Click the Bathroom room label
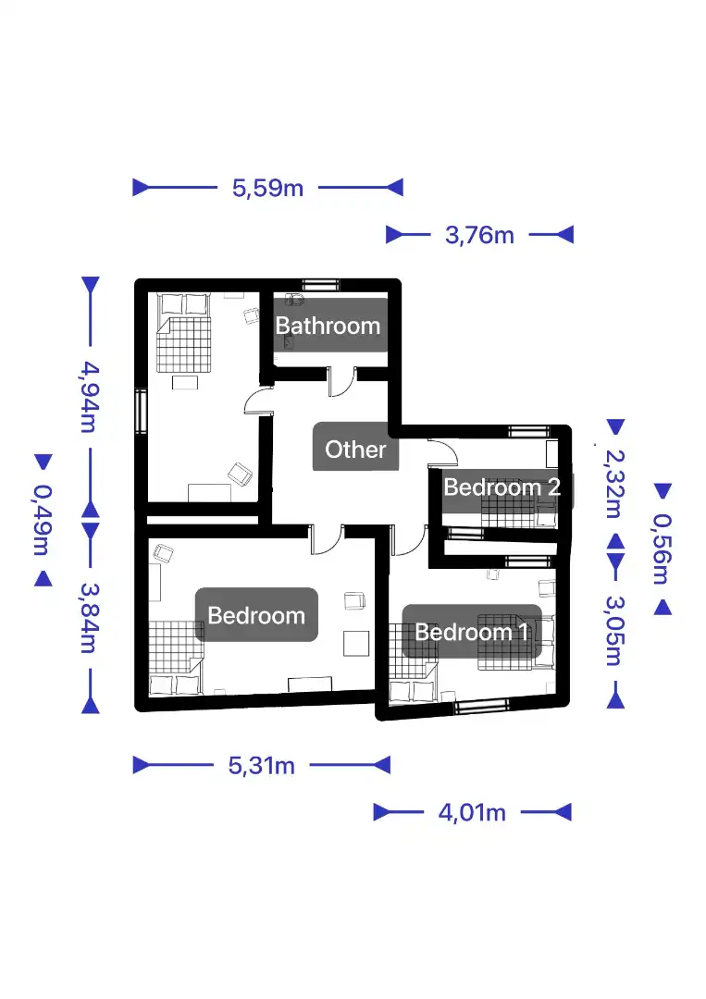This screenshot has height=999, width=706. coord(328,326)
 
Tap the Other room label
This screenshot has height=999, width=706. coord(355,450)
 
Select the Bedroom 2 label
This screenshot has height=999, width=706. coord(502,487)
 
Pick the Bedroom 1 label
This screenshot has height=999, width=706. coord(472,632)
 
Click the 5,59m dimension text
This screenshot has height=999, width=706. coord(267,188)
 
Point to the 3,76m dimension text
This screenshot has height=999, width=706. coord(480,235)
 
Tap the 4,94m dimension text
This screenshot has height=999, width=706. coord(90,397)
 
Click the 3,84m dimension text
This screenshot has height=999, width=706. coord(90,618)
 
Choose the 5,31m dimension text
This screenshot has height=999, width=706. coord(261,765)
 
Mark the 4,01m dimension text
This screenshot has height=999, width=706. coord(472,812)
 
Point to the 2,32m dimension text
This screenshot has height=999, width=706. coord(615,484)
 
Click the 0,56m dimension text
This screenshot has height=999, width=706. coord(662,549)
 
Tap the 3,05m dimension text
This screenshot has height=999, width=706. coord(615,630)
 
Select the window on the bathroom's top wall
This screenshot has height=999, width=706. coord(320,284)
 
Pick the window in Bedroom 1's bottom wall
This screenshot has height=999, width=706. coord(481,705)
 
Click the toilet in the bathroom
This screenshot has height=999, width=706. coord(294,299)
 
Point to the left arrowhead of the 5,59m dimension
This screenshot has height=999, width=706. coord(141,188)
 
